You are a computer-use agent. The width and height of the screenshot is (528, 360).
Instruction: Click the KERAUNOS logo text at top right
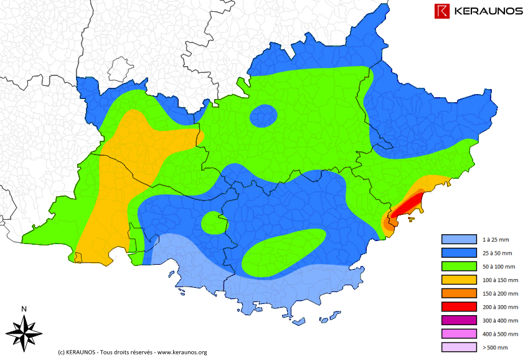click(488, 11)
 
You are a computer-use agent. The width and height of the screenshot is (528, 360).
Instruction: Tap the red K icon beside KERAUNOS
click(443, 11)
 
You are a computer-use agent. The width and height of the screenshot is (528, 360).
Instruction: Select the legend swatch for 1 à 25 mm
click(458, 239)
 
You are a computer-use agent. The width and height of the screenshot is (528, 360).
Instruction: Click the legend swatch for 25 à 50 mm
click(458, 253)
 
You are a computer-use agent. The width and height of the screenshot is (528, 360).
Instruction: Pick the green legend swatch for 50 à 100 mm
click(458, 267)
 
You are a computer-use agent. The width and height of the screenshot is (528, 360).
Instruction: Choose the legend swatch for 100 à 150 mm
click(458, 280)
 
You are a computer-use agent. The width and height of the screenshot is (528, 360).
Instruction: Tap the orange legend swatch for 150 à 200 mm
click(458, 293)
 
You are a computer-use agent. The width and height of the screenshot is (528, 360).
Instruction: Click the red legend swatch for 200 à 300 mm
click(458, 307)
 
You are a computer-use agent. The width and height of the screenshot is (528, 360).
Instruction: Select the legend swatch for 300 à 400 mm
click(458, 320)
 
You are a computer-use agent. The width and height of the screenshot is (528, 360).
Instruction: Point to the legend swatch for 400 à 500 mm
click(458, 334)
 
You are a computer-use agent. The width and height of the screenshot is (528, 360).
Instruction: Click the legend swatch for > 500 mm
click(458, 348)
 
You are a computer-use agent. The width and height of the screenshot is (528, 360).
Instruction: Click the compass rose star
click(24, 331)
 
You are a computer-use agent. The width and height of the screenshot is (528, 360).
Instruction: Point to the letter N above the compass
click(24, 309)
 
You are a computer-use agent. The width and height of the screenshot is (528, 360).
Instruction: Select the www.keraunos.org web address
click(182, 352)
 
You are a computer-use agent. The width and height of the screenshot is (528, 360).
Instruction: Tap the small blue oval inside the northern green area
click(264, 115)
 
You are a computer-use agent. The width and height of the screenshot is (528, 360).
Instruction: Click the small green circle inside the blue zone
click(212, 222)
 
